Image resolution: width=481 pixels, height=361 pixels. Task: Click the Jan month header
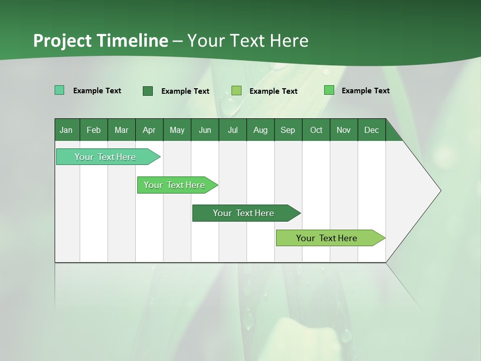(x=66, y=130)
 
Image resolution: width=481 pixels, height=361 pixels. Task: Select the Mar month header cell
(x=121, y=130)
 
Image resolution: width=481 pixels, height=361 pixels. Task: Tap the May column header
(x=177, y=130)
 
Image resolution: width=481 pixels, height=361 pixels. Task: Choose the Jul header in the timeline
(x=232, y=130)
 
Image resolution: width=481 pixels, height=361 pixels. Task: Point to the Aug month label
(x=260, y=130)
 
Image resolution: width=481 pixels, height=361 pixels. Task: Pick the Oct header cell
(x=316, y=130)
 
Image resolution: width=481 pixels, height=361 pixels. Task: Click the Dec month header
(x=371, y=130)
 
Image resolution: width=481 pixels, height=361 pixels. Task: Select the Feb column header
(x=94, y=130)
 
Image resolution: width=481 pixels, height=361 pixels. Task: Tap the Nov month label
(x=343, y=130)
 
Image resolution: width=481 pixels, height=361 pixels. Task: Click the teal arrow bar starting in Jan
(x=105, y=157)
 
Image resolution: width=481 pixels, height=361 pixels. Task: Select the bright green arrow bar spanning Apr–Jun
(x=174, y=185)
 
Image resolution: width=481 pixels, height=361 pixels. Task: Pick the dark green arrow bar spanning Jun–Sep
(x=244, y=213)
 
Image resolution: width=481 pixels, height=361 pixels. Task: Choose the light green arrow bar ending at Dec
(x=327, y=238)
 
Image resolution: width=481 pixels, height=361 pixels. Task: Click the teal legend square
(x=60, y=90)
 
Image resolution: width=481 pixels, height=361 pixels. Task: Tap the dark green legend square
(x=148, y=91)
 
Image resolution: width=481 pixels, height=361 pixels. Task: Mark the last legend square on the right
(x=329, y=90)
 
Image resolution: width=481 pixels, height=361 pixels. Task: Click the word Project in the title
(x=62, y=41)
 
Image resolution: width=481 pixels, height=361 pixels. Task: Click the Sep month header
(x=288, y=130)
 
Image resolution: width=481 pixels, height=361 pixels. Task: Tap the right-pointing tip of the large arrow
(x=438, y=191)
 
